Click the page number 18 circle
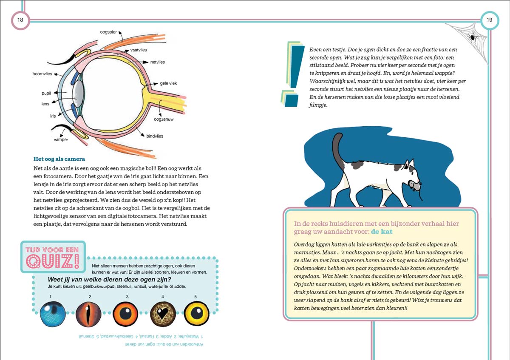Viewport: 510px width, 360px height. pos(20,20)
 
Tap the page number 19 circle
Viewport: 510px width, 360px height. pos(489,20)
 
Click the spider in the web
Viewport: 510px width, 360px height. pos(473,38)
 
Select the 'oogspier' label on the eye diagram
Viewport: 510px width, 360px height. pos(108,32)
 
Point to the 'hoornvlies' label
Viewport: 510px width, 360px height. pos(42,74)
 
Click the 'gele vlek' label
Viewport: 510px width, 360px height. pos(168,83)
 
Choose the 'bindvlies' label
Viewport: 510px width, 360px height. pos(155,136)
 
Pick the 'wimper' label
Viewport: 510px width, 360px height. pos(61,140)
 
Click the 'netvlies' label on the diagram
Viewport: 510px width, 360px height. pos(157,62)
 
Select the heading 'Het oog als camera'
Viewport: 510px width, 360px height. pos(59,159)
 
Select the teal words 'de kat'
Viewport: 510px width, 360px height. pos(382,232)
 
